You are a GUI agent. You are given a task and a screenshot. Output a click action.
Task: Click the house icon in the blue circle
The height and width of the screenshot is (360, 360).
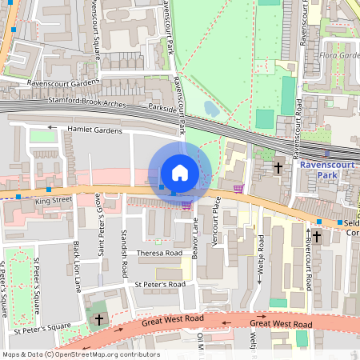(180, 173)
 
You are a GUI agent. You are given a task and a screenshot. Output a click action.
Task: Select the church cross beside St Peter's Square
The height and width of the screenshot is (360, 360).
(98, 319)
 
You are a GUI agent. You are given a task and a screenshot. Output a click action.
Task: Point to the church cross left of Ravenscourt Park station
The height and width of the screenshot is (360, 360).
(278, 168)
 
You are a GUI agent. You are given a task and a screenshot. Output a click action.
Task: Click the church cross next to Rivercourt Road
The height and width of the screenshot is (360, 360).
(316, 237)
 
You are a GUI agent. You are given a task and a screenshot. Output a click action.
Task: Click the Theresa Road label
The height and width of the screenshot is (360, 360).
(160, 253)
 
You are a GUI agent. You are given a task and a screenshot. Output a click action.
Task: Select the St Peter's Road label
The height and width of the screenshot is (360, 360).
(160, 284)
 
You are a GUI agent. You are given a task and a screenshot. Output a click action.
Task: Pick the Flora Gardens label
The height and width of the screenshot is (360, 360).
(338, 57)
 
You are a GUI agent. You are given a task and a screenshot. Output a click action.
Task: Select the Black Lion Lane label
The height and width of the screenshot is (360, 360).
(77, 263)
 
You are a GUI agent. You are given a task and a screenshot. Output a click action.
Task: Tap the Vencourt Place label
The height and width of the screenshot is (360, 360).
(217, 219)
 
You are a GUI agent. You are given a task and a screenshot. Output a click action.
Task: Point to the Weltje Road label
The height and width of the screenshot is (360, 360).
(261, 258)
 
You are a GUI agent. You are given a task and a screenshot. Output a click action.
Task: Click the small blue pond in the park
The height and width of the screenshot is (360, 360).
(211, 108)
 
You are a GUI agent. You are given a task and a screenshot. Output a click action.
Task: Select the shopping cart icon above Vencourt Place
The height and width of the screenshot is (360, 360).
(238, 189)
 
